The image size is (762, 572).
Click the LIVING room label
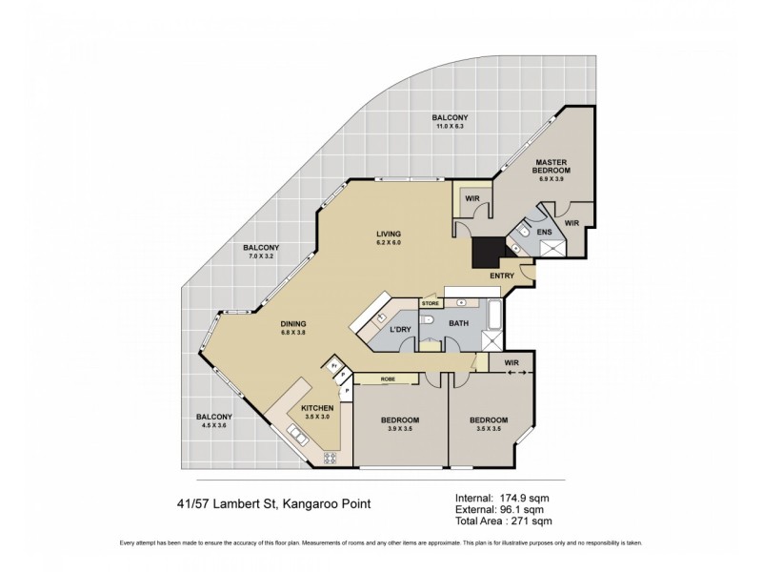[388, 234]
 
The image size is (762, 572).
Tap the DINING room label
[292, 323]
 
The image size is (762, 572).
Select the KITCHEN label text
[317, 408]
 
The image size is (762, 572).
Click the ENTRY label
[502, 276]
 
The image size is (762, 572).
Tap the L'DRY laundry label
[400, 330]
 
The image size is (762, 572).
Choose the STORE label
[430, 303]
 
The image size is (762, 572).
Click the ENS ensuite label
[544, 232]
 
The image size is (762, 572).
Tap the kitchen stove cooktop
[331, 458]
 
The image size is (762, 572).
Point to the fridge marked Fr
[333, 363]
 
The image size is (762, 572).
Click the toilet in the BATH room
[429, 319]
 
